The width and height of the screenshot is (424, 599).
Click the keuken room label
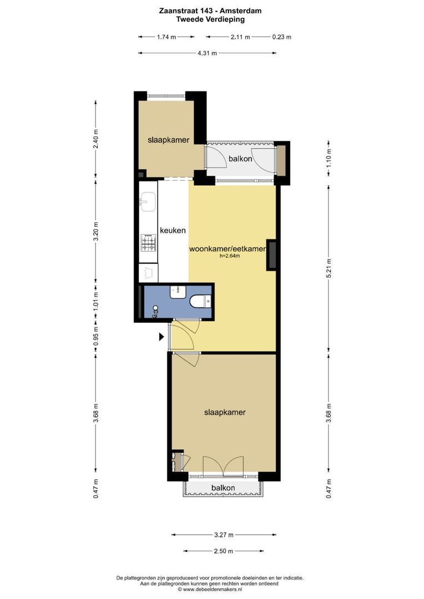[x=173, y=230]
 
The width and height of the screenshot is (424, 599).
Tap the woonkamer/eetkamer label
[x=228, y=248]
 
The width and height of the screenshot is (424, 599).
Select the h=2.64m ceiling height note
[x=230, y=256]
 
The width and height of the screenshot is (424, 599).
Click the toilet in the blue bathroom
[x=200, y=301]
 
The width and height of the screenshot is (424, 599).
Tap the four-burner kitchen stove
[x=148, y=242]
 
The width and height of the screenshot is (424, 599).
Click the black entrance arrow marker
[x=161, y=337]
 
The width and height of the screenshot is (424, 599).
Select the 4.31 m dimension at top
[x=207, y=53]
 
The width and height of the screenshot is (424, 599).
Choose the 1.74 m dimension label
[x=166, y=37]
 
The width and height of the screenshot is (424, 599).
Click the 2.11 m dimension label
[x=240, y=37]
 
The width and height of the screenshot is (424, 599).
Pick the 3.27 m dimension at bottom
[x=224, y=535]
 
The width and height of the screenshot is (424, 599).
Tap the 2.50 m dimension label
[x=224, y=551]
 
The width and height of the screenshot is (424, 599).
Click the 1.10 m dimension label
[x=329, y=156]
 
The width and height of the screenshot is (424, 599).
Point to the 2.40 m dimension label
[x=96, y=139]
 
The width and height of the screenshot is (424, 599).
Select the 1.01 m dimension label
[x=96, y=301]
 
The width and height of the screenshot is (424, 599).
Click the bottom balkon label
[x=223, y=488]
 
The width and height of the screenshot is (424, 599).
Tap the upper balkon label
[x=240, y=159]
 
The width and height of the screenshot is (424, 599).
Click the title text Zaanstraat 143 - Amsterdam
[x=210, y=11]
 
